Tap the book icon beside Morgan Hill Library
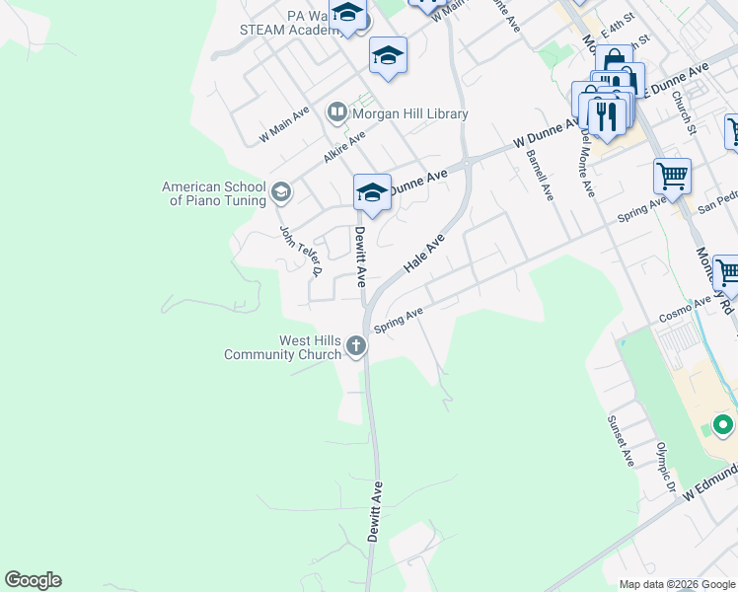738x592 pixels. point(337,113)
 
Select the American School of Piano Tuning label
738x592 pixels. point(214,193)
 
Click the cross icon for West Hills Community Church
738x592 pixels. point(355,346)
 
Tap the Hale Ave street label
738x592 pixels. point(425,254)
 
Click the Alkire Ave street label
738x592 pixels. point(343,145)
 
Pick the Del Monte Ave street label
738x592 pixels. point(587,162)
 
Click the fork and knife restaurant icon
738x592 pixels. point(606,115)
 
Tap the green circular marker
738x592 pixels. point(722,426)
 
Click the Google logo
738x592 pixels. point(33,580)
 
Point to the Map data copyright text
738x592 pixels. point(677,584)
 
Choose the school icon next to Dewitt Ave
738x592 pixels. point(372,192)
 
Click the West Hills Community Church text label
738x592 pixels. point(282,347)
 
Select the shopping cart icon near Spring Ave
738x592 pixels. point(672,177)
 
